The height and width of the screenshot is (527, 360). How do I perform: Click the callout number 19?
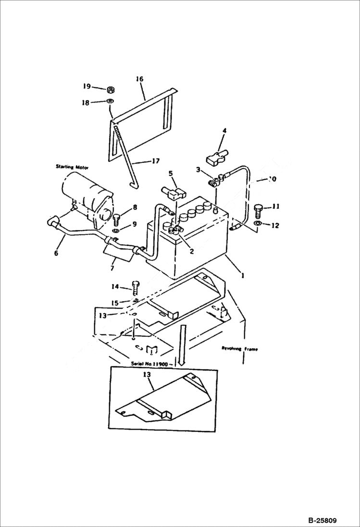[86, 86]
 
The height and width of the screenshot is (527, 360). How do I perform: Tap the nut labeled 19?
[110, 89]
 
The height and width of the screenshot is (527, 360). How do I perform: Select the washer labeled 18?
[110, 101]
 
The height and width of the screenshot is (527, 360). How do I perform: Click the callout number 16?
[140, 79]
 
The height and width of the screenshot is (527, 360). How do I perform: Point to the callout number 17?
[155, 161]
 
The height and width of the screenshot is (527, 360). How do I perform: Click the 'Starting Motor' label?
[72, 167]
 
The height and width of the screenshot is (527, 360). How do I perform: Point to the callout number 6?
[56, 253]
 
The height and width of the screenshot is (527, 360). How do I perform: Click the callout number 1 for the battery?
[243, 276]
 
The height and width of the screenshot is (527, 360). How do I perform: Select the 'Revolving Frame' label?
[239, 349]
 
